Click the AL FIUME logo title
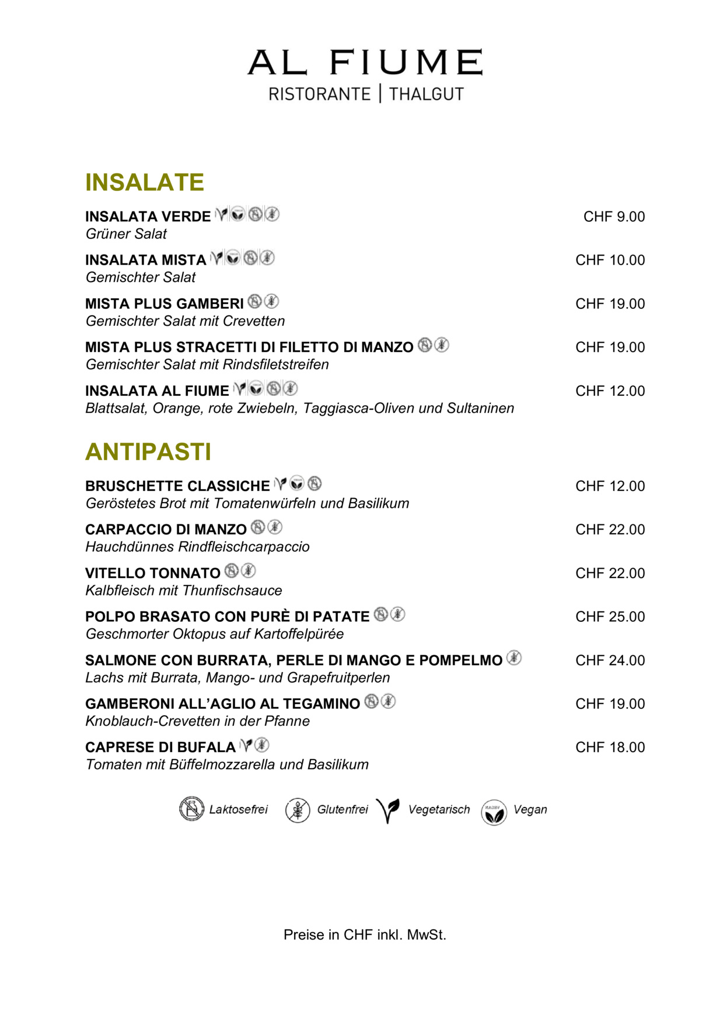[365, 62]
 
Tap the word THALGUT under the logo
[426, 94]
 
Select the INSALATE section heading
[145, 182]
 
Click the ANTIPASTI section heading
[148, 452]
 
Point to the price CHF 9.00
[614, 217]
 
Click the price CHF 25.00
[610, 617]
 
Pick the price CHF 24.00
[610, 660]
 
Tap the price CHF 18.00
[610, 747]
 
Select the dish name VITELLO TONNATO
[153, 573]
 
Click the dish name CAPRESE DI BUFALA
[160, 747]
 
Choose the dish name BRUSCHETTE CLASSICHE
[177, 486]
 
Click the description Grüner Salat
[126, 234]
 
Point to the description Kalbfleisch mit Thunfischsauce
[184, 590]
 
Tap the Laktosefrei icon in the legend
[191, 809]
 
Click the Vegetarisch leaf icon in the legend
[388, 810]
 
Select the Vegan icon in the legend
[494, 812]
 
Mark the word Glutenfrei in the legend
[342, 809]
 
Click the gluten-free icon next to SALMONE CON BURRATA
[513, 658]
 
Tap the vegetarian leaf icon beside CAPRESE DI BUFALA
[246, 745]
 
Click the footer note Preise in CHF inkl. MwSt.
[365, 935]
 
